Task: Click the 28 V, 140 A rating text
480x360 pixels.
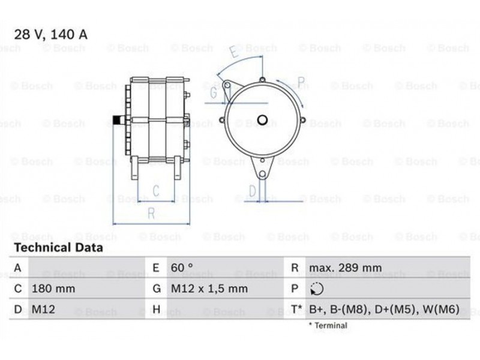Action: click(51, 35)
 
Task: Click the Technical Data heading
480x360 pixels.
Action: click(58, 248)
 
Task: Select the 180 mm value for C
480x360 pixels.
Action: click(53, 289)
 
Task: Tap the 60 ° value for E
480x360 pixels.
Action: click(182, 268)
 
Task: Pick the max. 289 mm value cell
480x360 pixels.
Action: click(346, 268)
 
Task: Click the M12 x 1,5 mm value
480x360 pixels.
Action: click(209, 289)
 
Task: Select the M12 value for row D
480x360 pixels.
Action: click(43, 309)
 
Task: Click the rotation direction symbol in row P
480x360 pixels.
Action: click(317, 289)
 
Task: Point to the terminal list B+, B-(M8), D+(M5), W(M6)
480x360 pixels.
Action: click(384, 310)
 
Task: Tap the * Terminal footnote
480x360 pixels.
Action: click(328, 325)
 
